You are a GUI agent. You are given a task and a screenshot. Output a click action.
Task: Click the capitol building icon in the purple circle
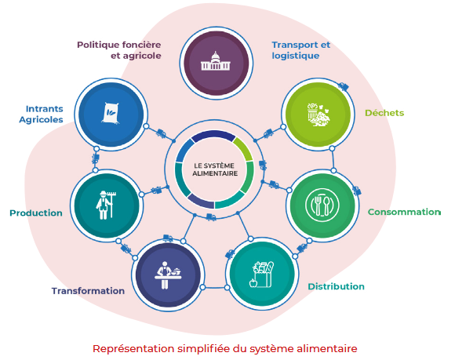click(216, 61)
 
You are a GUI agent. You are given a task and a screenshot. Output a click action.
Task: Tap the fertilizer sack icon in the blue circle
click(111, 113)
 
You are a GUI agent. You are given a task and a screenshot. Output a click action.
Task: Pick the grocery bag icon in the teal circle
click(261, 275)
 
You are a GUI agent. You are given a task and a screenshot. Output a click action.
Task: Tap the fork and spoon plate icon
click(322, 205)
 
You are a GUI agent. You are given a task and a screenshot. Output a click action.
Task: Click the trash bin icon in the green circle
click(318, 115)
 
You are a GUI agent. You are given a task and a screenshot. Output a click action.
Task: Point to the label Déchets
click(384, 113)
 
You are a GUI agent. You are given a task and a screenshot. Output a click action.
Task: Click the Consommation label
click(404, 212)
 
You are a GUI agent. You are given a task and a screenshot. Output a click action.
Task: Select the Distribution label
click(336, 286)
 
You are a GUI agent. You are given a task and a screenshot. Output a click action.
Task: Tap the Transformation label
click(88, 291)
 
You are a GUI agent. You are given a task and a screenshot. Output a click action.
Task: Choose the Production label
click(36, 213)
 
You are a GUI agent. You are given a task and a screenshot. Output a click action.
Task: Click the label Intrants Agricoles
click(42, 114)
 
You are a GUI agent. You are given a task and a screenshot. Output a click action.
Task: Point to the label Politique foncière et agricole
click(119, 50)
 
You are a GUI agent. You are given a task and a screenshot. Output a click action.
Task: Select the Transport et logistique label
click(301, 50)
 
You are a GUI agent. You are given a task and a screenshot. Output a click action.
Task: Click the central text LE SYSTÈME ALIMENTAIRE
click(215, 169)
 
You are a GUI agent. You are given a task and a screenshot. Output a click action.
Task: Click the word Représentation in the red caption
click(133, 348)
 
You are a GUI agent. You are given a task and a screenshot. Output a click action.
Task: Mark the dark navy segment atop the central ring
click(213, 135)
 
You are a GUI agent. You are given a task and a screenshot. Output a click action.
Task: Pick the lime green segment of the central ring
click(244, 148)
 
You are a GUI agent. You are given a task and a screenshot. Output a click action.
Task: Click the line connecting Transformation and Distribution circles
click(215, 288)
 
